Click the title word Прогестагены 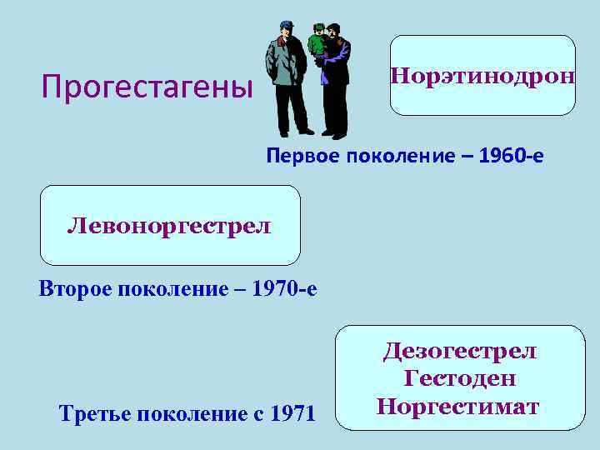(147, 87)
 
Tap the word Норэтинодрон (482, 77)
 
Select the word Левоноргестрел (169, 225)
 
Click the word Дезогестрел (460, 351)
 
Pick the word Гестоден (460, 378)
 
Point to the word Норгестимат (458, 407)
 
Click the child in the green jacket (317, 43)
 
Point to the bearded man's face (332, 37)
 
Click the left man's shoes (296, 132)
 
